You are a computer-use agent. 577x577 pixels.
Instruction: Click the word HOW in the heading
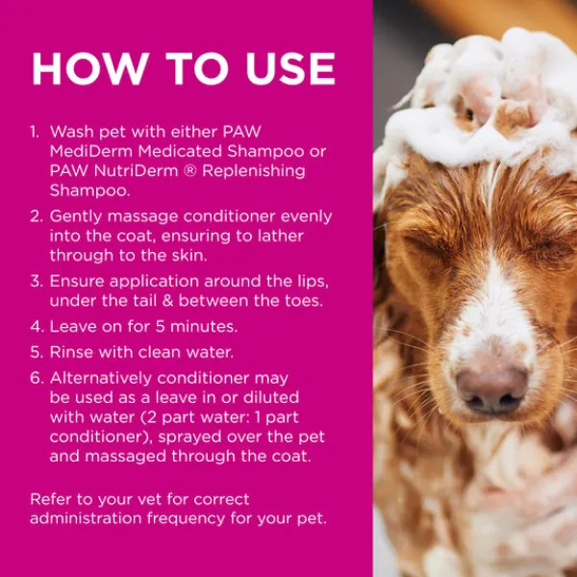tap(90, 69)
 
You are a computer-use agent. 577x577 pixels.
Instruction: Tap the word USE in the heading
tap(290, 69)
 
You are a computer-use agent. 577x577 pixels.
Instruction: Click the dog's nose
tap(492, 389)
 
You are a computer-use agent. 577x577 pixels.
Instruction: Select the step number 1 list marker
tap(35, 132)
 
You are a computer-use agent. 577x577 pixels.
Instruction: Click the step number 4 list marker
tap(38, 326)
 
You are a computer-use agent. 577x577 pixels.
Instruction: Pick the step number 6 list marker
tap(38, 378)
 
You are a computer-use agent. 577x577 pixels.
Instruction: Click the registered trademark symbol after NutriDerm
tap(189, 171)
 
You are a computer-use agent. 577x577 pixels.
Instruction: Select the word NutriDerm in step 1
tap(136, 171)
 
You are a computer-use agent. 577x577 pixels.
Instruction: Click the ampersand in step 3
tap(167, 301)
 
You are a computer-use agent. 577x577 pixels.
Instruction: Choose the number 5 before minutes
tap(160, 326)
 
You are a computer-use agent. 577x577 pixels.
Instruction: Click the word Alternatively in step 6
tap(101, 378)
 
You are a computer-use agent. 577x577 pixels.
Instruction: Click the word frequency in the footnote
tap(187, 519)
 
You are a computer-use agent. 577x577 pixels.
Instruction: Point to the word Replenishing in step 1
tap(254, 172)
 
